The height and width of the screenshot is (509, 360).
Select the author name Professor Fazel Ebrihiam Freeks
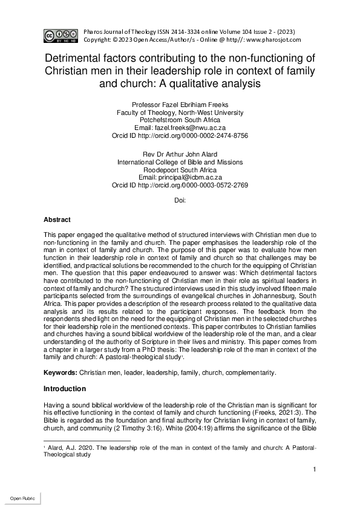click(180, 105)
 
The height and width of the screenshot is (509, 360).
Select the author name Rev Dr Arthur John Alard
click(180, 154)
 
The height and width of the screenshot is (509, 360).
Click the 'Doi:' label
click(180, 200)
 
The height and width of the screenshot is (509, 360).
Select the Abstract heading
click(57, 220)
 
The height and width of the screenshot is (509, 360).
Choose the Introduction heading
click(65, 388)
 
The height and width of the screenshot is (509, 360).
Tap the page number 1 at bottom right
click(315, 470)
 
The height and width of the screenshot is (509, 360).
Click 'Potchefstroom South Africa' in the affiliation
click(180, 120)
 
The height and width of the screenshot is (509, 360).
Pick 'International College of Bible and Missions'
click(180, 162)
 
